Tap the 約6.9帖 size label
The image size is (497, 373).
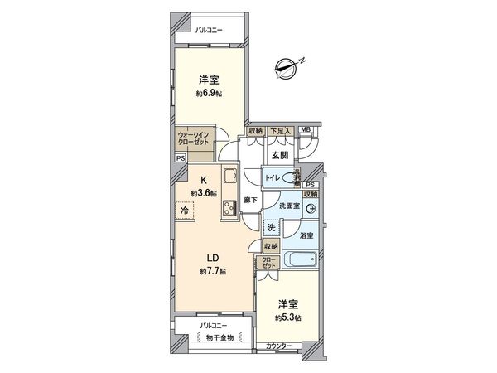tap(207, 93)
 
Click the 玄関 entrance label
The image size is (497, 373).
tap(278, 155)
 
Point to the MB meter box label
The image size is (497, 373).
tap(306, 130)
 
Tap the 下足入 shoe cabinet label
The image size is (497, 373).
tap(278, 130)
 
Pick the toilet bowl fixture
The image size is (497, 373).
tap(292, 177)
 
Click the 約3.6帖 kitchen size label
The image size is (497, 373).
tap(203, 193)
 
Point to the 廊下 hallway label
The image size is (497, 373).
tap(252, 201)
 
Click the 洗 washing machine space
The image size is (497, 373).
tap(272, 228)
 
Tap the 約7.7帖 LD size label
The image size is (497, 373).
tap(213, 272)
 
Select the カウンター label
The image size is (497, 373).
tap(279, 346)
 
